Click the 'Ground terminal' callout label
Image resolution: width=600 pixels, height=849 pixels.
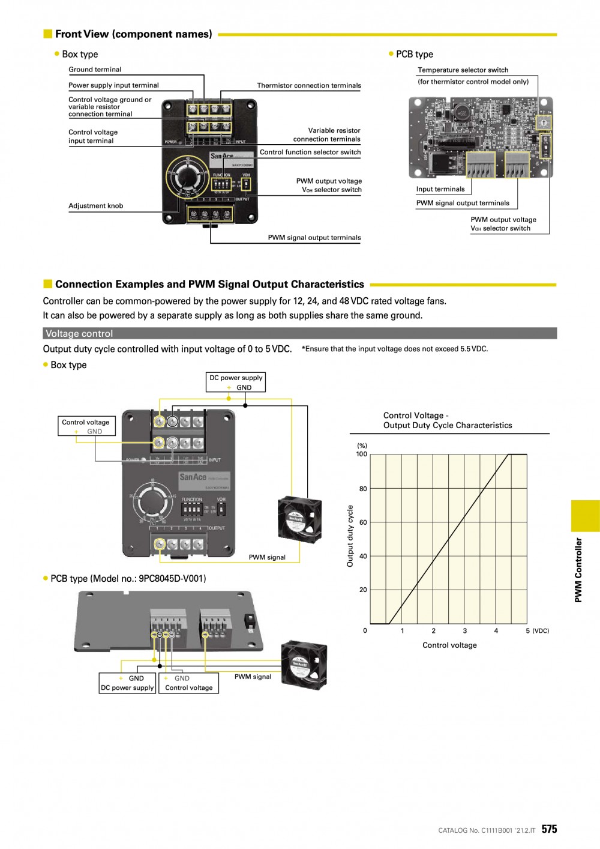point(95,70)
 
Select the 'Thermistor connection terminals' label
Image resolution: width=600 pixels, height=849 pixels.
point(309,86)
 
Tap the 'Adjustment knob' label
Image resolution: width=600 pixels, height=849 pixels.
point(95,206)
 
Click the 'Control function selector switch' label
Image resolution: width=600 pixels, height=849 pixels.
point(310,153)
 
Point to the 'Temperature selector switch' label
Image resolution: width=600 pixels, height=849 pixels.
point(463,70)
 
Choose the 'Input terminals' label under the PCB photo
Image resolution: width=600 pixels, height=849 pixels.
point(440,189)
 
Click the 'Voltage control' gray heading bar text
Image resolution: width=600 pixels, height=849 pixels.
point(79,334)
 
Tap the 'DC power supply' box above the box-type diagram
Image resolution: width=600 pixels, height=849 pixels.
point(236,378)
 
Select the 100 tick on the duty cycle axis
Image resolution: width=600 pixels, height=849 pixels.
point(361,455)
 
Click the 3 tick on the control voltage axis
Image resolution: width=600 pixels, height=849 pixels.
point(464,631)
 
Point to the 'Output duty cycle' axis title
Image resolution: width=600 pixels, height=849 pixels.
point(350,536)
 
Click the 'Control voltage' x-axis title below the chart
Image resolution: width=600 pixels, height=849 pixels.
point(449,645)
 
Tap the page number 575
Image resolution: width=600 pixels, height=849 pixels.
point(549,829)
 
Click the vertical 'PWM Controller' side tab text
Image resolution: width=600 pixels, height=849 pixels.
point(578,570)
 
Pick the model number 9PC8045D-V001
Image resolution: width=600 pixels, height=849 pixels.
point(172,579)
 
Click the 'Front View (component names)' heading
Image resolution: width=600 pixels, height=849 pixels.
point(133,34)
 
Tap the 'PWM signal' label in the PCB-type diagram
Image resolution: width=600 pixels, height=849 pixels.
point(253,677)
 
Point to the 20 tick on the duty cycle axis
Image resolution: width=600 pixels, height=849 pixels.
point(363,590)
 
